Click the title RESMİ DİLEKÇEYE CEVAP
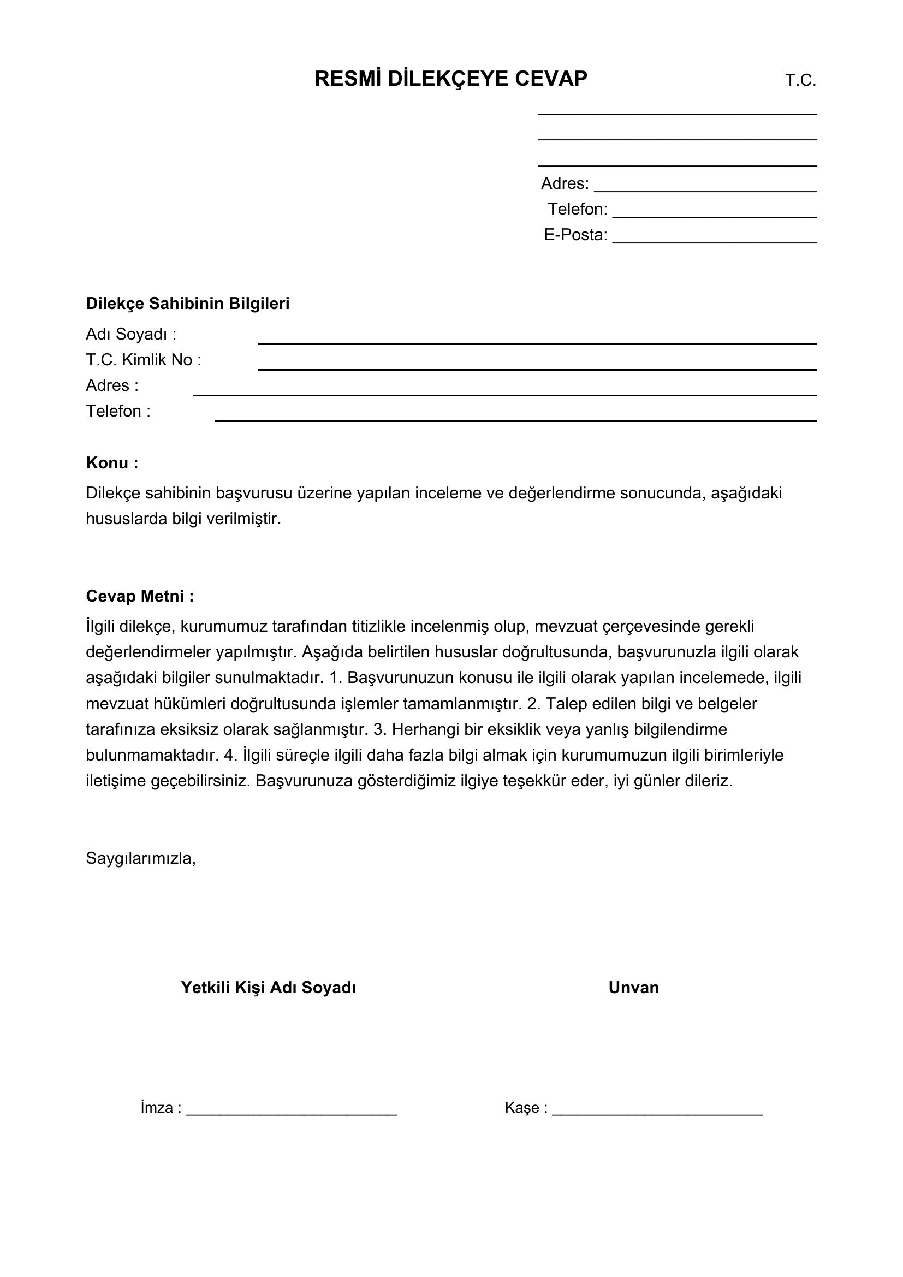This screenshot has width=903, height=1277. tap(450, 79)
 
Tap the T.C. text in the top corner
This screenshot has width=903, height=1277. tap(800, 81)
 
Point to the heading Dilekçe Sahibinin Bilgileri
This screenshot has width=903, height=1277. tap(187, 304)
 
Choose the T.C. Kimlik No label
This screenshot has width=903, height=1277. tap(144, 360)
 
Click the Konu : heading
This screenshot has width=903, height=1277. tap(112, 463)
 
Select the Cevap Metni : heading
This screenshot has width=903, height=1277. tap(140, 596)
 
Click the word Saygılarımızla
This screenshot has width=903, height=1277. tap(140, 858)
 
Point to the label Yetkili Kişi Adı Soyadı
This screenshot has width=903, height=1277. tap(268, 987)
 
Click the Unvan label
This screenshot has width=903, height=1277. tap(633, 987)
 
